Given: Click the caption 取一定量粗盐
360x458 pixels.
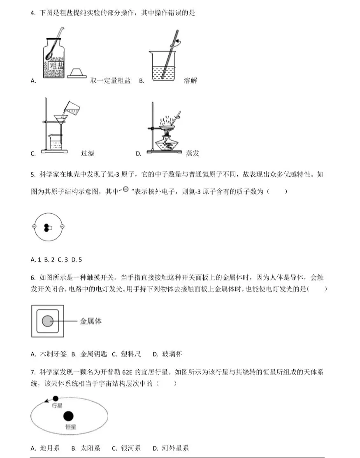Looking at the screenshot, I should pos(110,81).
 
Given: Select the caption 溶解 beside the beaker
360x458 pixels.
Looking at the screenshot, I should pos(190,81).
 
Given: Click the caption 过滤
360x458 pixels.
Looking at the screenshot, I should pos(88,153).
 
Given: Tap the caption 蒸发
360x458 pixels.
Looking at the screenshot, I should pos(192,153).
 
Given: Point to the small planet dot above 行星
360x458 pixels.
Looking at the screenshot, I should pos(56,398).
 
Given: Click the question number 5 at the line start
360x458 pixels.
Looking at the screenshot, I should pos(32,174).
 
